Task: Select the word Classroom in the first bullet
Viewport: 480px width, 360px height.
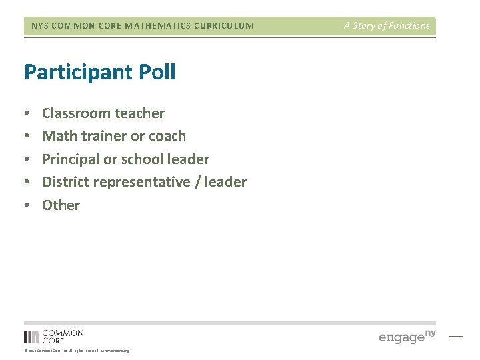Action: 73,113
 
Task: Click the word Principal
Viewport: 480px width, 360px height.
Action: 70,159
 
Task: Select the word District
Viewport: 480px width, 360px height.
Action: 65,182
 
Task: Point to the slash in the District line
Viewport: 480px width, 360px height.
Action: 199,182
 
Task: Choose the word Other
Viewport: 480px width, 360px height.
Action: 61,205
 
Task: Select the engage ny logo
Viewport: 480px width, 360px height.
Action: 407,336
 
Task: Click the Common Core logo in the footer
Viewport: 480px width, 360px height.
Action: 53,336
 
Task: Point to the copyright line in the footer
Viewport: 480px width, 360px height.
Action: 77,351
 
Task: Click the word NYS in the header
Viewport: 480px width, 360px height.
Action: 39,26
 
